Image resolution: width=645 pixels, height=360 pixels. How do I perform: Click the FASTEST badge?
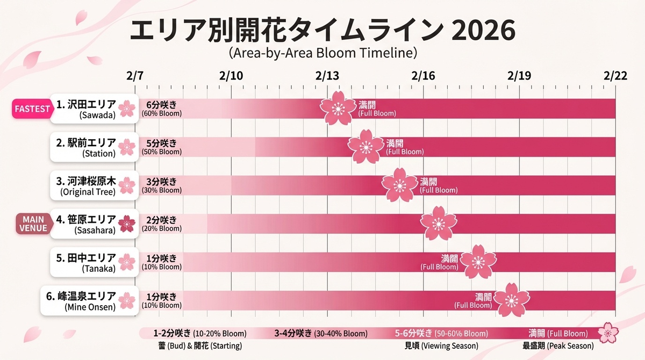32,109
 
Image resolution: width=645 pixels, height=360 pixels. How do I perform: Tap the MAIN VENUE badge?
33,224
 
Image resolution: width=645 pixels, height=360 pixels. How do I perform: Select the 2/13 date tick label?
327,76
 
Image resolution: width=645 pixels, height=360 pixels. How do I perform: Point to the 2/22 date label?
615,76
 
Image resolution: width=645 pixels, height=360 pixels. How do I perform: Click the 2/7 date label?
135,76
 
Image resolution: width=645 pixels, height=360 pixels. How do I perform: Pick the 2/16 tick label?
423,76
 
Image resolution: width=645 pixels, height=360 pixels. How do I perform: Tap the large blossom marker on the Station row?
366,146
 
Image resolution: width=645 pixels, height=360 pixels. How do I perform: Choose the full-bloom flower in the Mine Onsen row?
511,300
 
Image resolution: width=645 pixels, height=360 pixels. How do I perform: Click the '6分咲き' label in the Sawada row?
161,104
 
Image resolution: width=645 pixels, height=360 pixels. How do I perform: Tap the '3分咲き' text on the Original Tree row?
161,182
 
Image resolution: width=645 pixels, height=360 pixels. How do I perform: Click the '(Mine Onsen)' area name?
90,307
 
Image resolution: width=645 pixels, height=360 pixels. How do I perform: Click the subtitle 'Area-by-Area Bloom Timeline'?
322,53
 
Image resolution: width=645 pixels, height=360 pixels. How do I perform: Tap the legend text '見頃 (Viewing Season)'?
441,345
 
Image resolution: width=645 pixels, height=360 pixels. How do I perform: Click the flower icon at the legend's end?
608,333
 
